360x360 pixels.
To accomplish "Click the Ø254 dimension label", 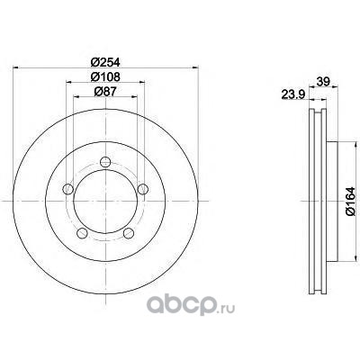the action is (105, 62).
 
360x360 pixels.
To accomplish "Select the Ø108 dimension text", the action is (105, 77).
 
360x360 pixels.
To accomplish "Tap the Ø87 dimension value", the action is (105, 92).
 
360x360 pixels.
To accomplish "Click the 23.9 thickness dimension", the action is (293, 94).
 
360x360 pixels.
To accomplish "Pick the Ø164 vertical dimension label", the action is (350, 201).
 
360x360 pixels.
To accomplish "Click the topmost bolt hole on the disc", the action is (105, 162).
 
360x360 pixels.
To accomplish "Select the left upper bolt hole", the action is (68, 189).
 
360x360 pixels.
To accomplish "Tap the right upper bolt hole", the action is (143, 189).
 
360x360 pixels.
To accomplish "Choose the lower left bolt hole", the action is (82, 233).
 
